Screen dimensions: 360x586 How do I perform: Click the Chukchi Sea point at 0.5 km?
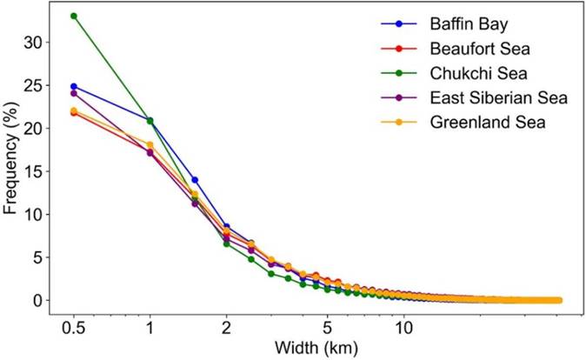tap(74, 16)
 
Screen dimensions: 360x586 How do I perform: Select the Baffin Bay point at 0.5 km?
tap(74, 86)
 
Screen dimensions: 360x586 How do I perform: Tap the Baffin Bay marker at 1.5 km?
tap(195, 180)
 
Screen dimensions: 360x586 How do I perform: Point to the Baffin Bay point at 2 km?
tap(226, 227)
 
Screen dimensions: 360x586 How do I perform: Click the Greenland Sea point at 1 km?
tap(150, 145)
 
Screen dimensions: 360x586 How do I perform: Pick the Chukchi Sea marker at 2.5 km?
tap(251, 259)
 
